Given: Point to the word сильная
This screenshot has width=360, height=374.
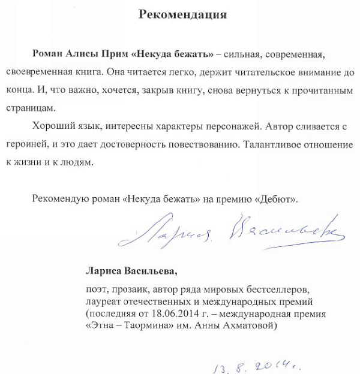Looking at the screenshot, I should (242, 55).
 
